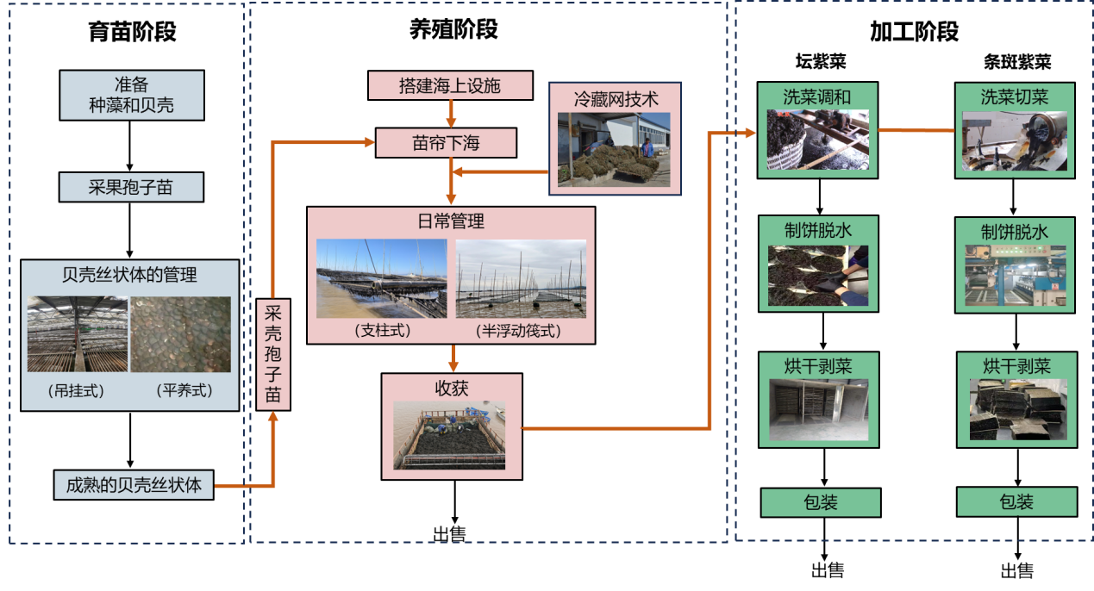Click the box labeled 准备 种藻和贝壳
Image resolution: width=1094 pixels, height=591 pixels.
pyautogui.click(x=132, y=95)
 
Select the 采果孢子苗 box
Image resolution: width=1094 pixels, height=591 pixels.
pyautogui.click(x=131, y=187)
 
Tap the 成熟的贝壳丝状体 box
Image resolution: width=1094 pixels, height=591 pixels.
pyautogui.click(x=134, y=485)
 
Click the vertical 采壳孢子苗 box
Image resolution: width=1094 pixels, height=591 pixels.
pyautogui.click(x=273, y=353)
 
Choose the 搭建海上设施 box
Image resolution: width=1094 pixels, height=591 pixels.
pyautogui.click(x=449, y=85)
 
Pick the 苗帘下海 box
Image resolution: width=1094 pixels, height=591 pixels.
pyautogui.click(x=446, y=143)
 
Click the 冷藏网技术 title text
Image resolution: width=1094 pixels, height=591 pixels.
pyautogui.click(x=616, y=98)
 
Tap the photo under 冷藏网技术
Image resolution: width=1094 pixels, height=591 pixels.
pyautogui.click(x=613, y=149)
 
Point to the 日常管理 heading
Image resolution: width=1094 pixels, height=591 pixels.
pyautogui.click(x=451, y=221)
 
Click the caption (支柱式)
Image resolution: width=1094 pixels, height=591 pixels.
pyautogui.click(x=382, y=330)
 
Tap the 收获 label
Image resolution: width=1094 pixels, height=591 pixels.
pyautogui.click(x=451, y=389)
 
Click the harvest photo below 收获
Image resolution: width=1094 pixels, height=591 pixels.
pyautogui.click(x=449, y=434)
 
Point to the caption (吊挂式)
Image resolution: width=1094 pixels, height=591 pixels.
pyautogui.click(x=77, y=390)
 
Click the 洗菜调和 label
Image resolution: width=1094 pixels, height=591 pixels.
pyautogui.click(x=816, y=97)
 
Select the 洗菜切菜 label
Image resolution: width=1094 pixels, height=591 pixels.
pyautogui.click(x=1014, y=97)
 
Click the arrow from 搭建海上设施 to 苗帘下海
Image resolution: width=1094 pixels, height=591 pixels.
pyautogui.click(x=450, y=114)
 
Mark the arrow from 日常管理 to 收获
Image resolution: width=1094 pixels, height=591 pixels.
pyautogui.click(x=453, y=358)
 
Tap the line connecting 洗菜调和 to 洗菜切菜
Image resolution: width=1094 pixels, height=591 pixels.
pyautogui.click(x=916, y=130)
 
